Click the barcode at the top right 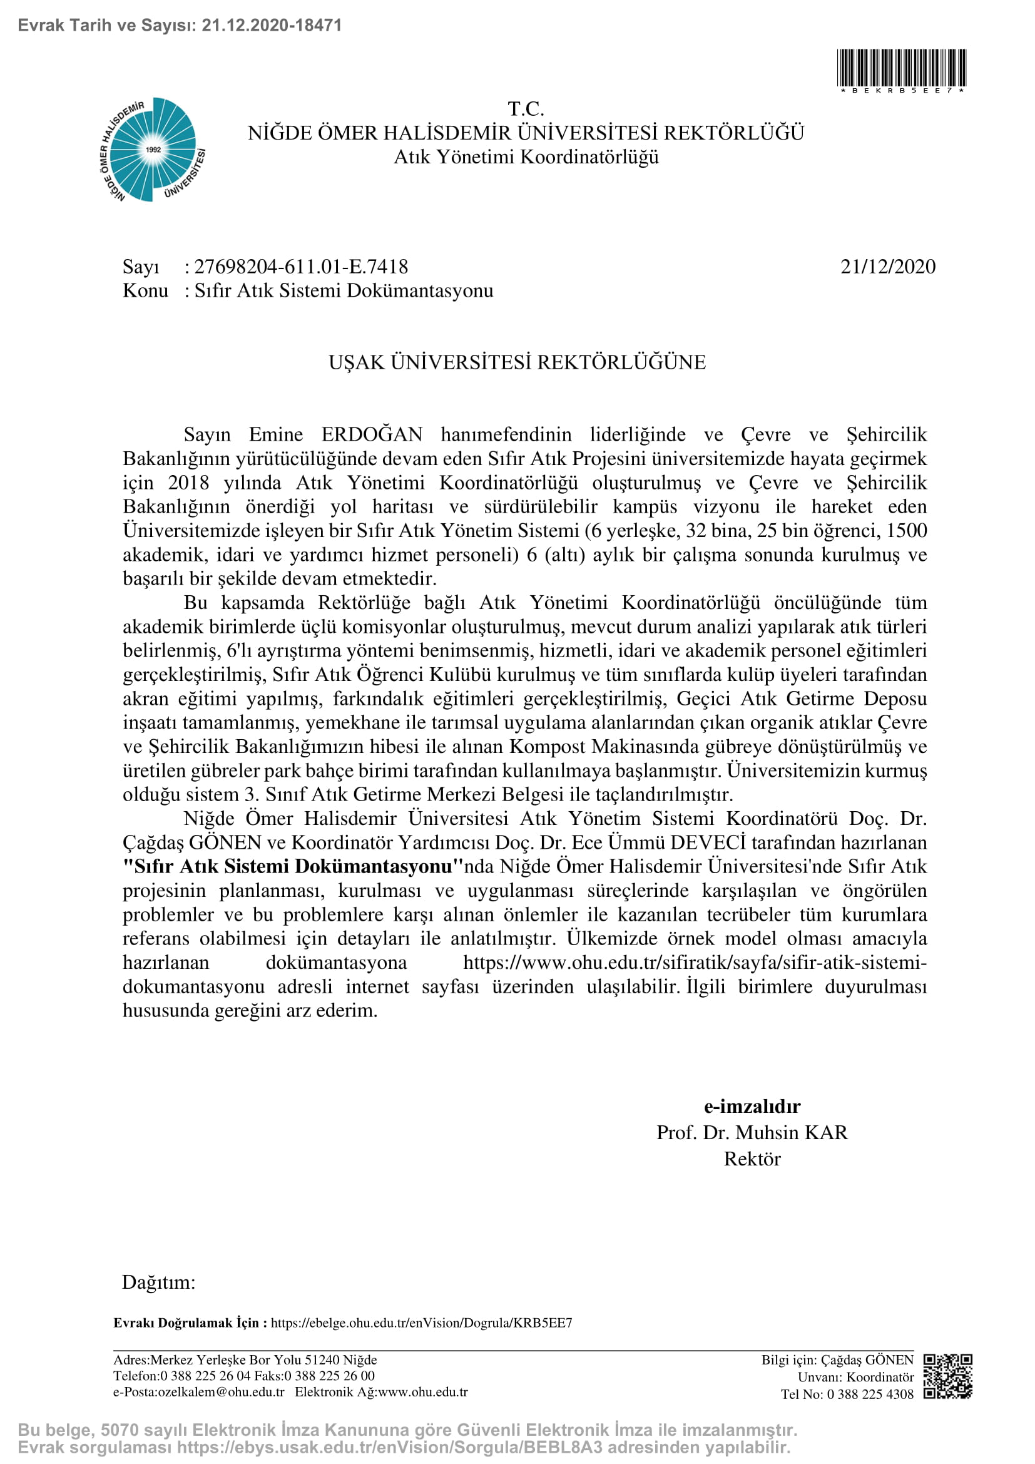pyautogui.click(x=901, y=68)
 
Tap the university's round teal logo pyautogui.click(x=153, y=150)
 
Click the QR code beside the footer pyautogui.click(x=947, y=1376)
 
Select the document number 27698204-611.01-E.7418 pyautogui.click(x=301, y=267)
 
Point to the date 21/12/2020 pyautogui.click(x=888, y=267)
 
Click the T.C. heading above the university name pyautogui.click(x=526, y=109)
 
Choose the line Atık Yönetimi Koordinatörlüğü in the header pyautogui.click(x=526, y=157)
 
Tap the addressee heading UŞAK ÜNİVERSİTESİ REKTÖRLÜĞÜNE pyautogui.click(x=517, y=362)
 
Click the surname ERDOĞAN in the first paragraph pyautogui.click(x=372, y=434)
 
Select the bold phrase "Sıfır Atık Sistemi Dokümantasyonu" pyautogui.click(x=292, y=866)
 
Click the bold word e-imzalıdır pyautogui.click(x=752, y=1106)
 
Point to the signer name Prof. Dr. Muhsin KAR pyautogui.click(x=752, y=1132)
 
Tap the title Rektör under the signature pyautogui.click(x=752, y=1159)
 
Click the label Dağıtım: pyautogui.click(x=159, y=1282)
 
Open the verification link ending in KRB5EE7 pyautogui.click(x=421, y=1323)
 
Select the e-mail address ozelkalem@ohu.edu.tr pyautogui.click(x=216, y=1392)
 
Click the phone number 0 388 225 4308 pyautogui.click(x=870, y=1395)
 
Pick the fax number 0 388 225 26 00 pyautogui.click(x=330, y=1376)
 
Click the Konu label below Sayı pyautogui.click(x=145, y=291)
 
